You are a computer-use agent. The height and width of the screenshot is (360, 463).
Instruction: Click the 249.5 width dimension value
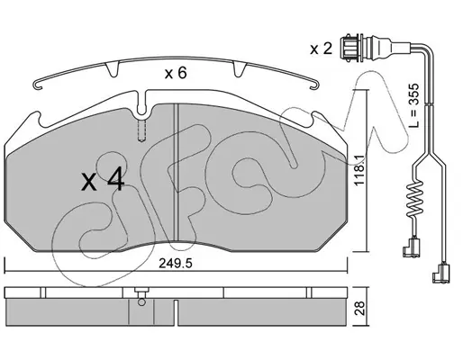(x=175, y=264)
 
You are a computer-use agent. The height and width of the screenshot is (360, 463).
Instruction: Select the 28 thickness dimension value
(x=360, y=308)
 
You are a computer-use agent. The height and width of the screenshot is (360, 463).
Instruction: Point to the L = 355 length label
(x=413, y=105)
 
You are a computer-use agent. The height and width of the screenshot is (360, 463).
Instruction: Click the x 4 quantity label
(x=103, y=180)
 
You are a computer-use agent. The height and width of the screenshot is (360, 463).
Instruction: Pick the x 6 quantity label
(x=176, y=73)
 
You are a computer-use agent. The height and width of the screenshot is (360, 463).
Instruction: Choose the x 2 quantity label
(x=321, y=49)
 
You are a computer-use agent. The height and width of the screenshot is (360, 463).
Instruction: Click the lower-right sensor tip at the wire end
(x=440, y=274)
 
